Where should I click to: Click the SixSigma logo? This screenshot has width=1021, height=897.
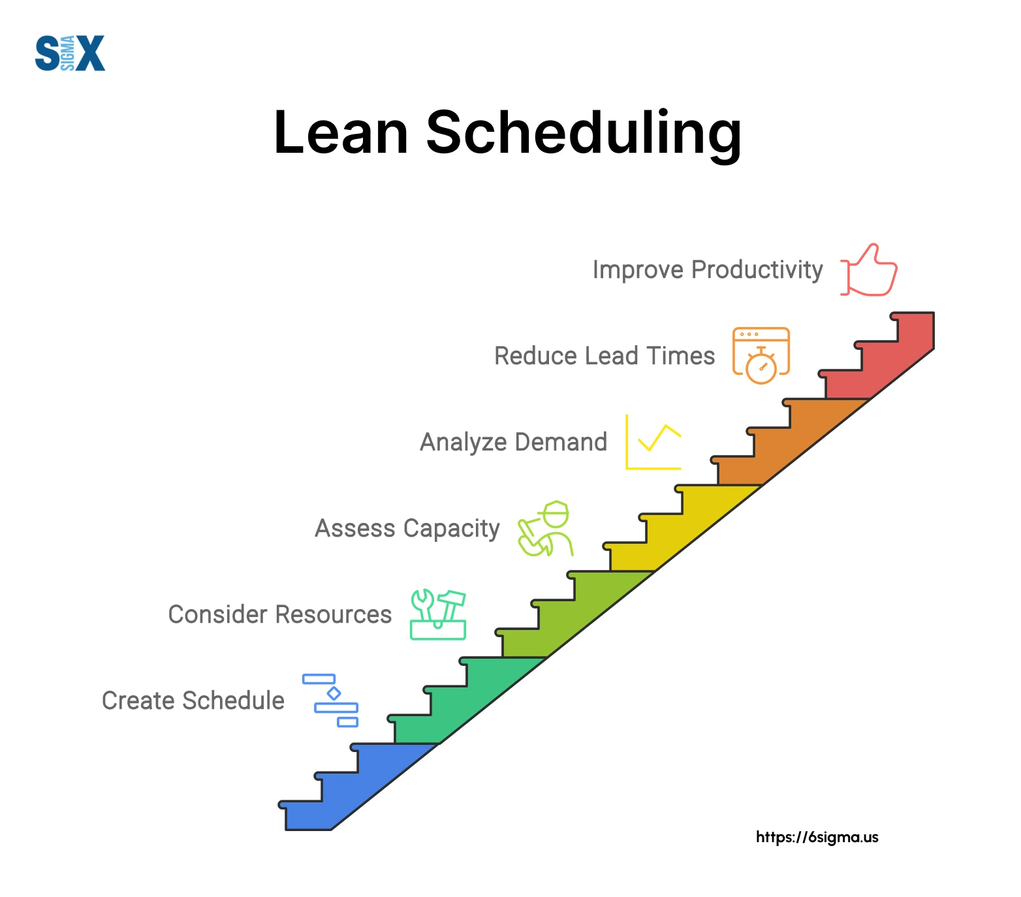[70, 53]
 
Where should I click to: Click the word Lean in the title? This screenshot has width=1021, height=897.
[341, 133]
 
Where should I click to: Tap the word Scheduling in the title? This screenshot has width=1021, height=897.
[584, 134]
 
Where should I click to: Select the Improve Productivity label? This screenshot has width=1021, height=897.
[708, 270]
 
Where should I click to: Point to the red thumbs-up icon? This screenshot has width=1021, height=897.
[869, 270]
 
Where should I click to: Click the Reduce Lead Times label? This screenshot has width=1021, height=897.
[605, 356]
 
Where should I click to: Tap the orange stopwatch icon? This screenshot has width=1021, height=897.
[761, 356]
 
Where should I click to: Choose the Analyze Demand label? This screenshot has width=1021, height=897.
[513, 442]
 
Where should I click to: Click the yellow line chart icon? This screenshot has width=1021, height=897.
[653, 442]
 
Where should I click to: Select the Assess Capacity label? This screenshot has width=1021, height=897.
[407, 528]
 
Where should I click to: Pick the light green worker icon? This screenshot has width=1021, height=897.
[546, 529]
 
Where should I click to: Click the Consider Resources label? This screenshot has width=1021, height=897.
[280, 614]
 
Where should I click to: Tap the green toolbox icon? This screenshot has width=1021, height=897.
[438, 614]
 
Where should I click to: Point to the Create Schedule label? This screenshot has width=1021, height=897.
[193, 700]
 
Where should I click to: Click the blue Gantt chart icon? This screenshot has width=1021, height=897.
[331, 700]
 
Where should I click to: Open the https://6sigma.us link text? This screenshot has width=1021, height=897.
[817, 837]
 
